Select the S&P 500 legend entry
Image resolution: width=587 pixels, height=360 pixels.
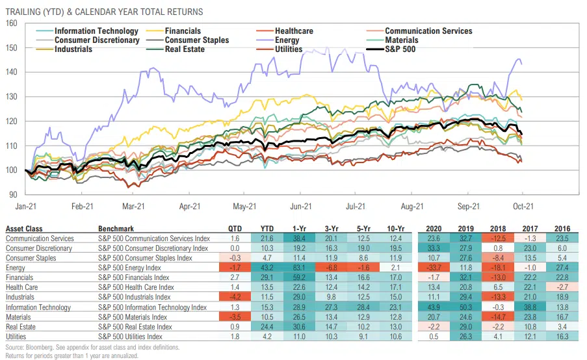point(404,49)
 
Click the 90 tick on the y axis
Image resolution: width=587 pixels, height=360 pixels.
point(12,194)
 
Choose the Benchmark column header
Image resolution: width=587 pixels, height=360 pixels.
point(116,229)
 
